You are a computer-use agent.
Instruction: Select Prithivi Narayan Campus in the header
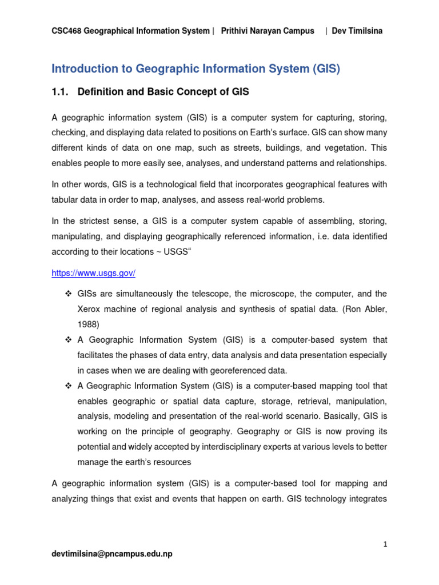(x=268, y=31)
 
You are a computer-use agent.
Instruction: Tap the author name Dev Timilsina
(x=357, y=31)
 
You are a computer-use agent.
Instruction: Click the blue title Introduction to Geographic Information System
(x=195, y=69)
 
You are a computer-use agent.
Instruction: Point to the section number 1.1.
(x=61, y=91)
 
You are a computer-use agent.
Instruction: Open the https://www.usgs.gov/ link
(x=93, y=273)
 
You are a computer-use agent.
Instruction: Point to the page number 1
(x=386, y=544)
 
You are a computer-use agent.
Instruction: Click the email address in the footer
(x=111, y=554)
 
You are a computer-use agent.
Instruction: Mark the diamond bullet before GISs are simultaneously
(x=66, y=294)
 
